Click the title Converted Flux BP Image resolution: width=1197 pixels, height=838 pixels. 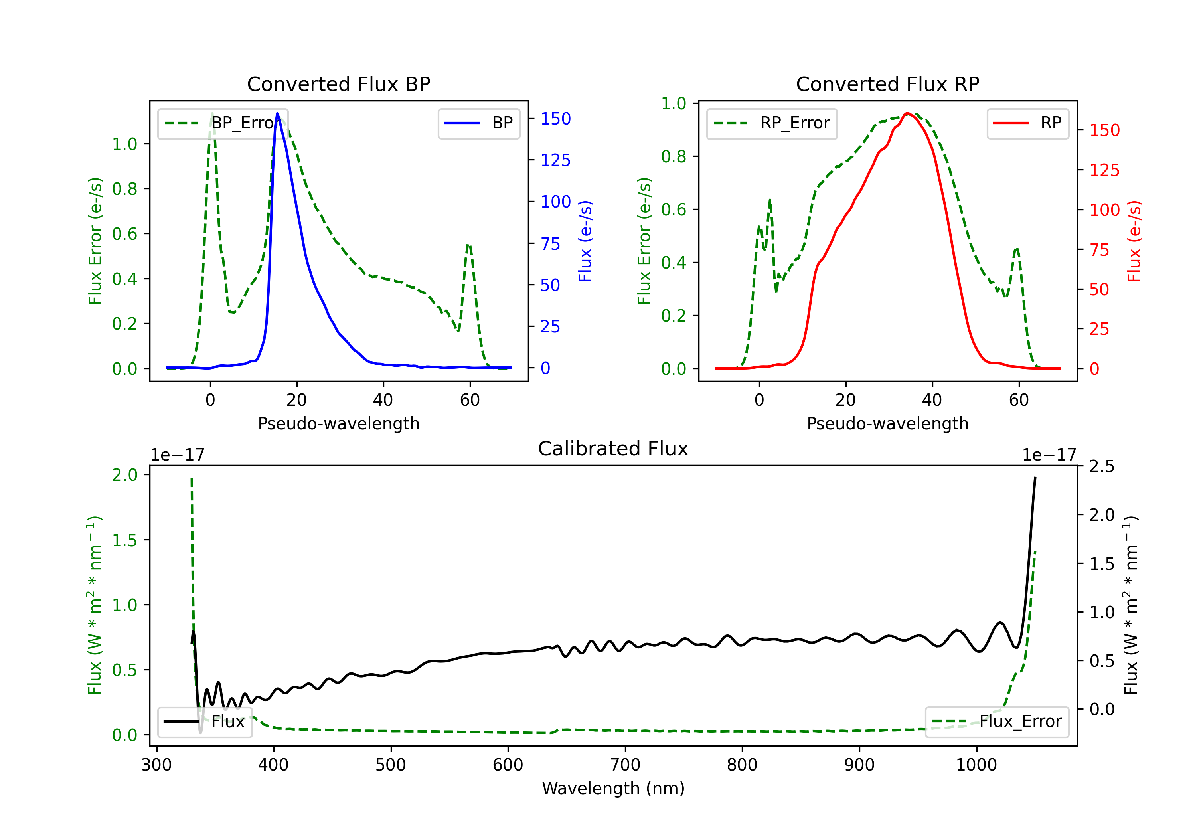click(339, 84)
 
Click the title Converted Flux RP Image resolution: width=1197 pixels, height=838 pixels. click(888, 84)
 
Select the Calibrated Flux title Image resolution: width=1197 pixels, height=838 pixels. click(613, 449)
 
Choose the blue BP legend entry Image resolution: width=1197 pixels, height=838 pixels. click(478, 123)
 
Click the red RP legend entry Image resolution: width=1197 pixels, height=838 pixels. click(1027, 123)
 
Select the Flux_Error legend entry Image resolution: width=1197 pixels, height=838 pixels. click(997, 722)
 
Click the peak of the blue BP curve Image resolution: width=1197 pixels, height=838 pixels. click(277, 113)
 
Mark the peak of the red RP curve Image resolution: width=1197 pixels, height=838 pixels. click(908, 113)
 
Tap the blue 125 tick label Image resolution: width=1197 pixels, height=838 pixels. click(556, 160)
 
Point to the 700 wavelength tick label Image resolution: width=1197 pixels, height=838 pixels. click(625, 765)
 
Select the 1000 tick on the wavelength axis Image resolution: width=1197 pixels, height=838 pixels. click(976, 765)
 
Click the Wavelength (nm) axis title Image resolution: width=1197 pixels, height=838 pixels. click(613, 789)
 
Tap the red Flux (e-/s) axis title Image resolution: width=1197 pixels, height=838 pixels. click(1134, 241)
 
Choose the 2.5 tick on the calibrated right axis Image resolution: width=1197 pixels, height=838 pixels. click(1102, 466)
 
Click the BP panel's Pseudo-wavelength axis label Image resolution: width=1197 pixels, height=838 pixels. click(339, 423)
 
